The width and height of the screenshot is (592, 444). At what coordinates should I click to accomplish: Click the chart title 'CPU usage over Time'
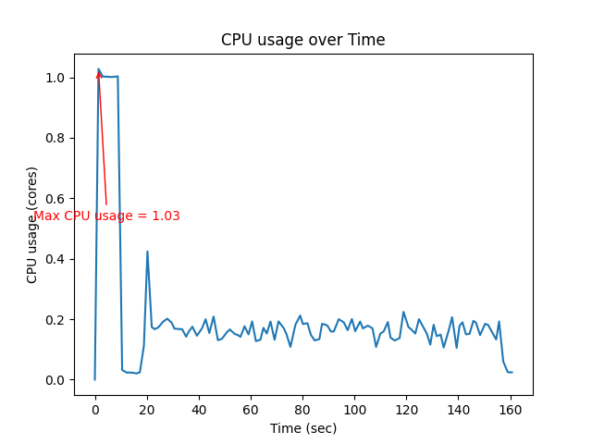(302, 40)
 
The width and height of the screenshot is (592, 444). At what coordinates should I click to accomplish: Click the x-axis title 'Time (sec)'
(303, 428)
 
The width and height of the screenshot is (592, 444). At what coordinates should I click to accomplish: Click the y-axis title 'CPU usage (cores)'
(32, 225)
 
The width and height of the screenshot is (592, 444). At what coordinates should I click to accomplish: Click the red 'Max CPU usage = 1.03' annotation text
(106, 216)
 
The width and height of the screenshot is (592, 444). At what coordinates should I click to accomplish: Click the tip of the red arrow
(98, 70)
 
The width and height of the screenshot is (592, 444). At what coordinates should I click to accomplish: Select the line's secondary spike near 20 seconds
(147, 252)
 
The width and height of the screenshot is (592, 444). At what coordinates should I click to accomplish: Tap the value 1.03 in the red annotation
(166, 216)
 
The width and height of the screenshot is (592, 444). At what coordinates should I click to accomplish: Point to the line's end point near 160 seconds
(512, 372)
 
